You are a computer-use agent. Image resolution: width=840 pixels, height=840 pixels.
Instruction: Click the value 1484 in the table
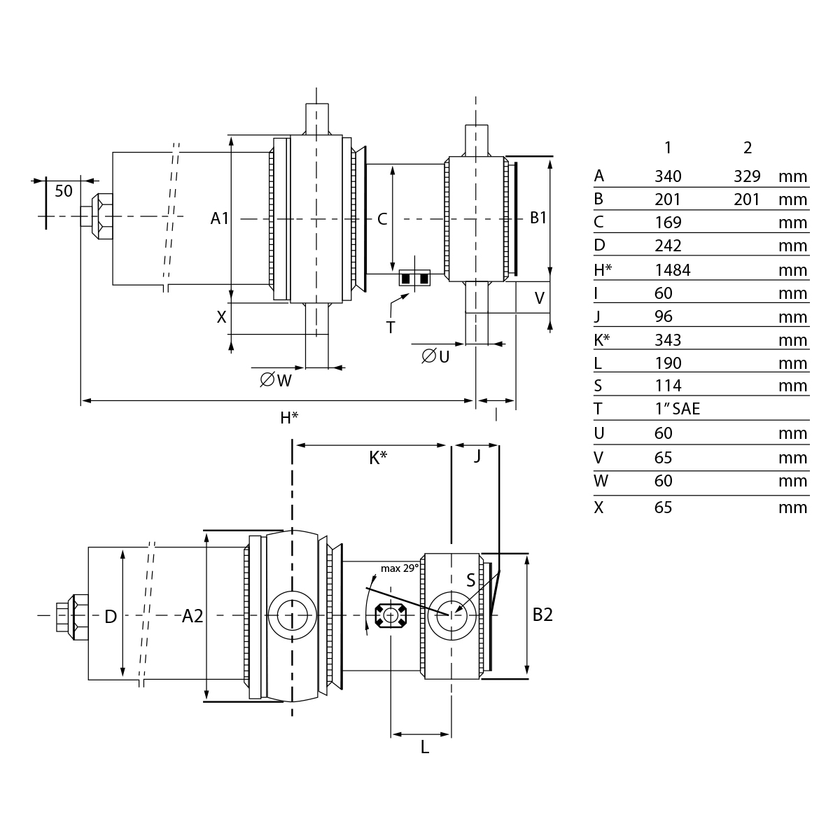(672, 270)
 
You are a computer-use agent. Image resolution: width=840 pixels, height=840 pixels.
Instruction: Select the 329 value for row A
(747, 176)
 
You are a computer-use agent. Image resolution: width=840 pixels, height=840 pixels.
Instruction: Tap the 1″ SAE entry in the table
(677, 409)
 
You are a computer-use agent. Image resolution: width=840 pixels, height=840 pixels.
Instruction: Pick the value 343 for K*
(668, 340)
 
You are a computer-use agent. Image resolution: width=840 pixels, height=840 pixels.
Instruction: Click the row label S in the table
(598, 386)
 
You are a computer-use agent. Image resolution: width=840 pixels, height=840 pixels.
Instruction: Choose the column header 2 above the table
(748, 148)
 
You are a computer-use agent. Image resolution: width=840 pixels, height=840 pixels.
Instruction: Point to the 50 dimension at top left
(64, 190)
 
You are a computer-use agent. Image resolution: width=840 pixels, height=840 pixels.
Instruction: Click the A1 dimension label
(220, 218)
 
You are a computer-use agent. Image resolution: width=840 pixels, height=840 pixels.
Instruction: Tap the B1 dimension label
(538, 218)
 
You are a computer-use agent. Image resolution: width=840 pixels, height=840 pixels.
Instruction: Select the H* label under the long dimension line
(289, 419)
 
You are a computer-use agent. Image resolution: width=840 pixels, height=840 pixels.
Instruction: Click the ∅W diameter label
(276, 380)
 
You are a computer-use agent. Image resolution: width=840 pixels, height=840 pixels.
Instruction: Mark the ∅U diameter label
(435, 356)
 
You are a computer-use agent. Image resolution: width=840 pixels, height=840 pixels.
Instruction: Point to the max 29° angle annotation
(400, 568)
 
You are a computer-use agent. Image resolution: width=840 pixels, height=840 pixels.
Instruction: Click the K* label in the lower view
(378, 458)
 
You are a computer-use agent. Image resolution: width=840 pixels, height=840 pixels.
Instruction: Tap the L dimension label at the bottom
(425, 748)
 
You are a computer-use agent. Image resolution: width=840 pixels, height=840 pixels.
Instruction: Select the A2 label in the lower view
(192, 616)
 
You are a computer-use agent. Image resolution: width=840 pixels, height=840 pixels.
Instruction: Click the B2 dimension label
(542, 615)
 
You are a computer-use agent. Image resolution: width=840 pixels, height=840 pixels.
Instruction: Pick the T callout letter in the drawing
(390, 326)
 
